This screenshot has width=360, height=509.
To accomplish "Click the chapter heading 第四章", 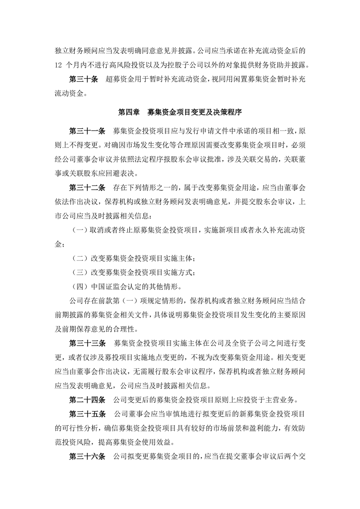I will (129, 111).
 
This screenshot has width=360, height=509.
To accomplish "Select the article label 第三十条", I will (83, 79).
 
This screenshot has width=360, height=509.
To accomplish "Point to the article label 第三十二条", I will (87, 186).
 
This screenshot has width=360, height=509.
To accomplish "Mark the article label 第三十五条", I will (87, 414).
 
